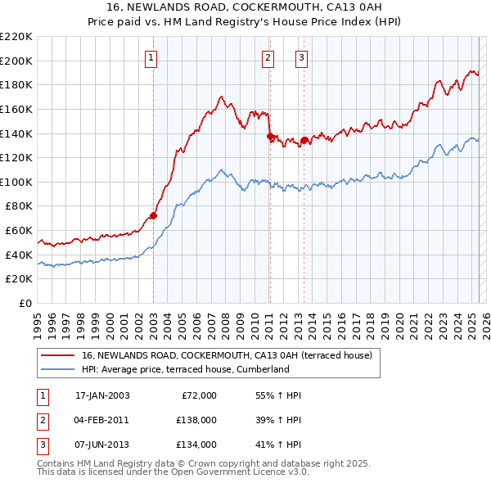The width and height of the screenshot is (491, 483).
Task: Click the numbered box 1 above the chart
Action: click(153, 57)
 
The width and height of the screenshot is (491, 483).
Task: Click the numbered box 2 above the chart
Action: click(268, 57)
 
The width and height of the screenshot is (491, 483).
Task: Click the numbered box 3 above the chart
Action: click(302, 57)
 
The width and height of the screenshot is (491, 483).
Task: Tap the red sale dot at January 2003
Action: click(153, 216)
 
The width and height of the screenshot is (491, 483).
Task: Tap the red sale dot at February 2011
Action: click(270, 136)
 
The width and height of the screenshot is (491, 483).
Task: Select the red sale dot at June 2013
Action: click(304, 140)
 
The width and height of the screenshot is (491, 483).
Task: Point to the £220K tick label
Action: click(16, 37)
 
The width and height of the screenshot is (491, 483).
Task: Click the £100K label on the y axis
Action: click(16, 182)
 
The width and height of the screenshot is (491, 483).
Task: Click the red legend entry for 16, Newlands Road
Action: click(227, 355)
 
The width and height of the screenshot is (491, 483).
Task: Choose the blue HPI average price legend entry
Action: click(186, 369)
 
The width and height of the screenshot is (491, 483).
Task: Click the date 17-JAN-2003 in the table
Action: click(102, 395)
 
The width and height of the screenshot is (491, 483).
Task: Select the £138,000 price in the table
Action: click(196, 420)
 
